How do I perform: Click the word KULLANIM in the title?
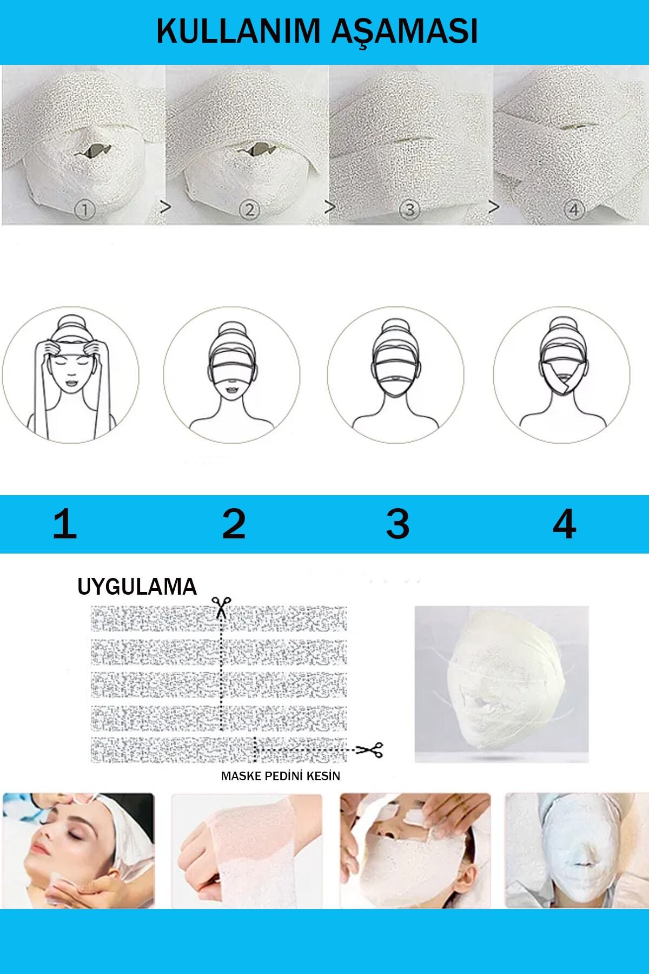[x=238, y=31]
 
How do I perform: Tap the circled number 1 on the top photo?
[x=84, y=209]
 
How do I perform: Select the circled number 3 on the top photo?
[x=409, y=209]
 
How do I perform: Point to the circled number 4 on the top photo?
[x=574, y=209]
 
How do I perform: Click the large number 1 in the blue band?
[x=65, y=524]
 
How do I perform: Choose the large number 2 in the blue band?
[x=234, y=524]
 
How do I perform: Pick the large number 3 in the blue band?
[x=398, y=524]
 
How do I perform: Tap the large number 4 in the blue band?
[x=564, y=524]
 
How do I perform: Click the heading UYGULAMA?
[x=137, y=587]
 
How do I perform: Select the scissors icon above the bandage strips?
[x=221, y=607]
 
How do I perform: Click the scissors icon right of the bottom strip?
[x=370, y=749]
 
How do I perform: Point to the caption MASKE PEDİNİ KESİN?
[x=281, y=776]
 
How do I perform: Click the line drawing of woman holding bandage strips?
[x=70, y=375]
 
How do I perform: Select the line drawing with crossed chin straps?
[x=561, y=375]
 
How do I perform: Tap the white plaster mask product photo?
[x=501, y=685]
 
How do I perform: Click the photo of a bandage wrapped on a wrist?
[x=247, y=851]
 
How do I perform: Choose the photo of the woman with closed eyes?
[x=78, y=851]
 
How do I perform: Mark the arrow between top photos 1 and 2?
[x=165, y=206]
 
